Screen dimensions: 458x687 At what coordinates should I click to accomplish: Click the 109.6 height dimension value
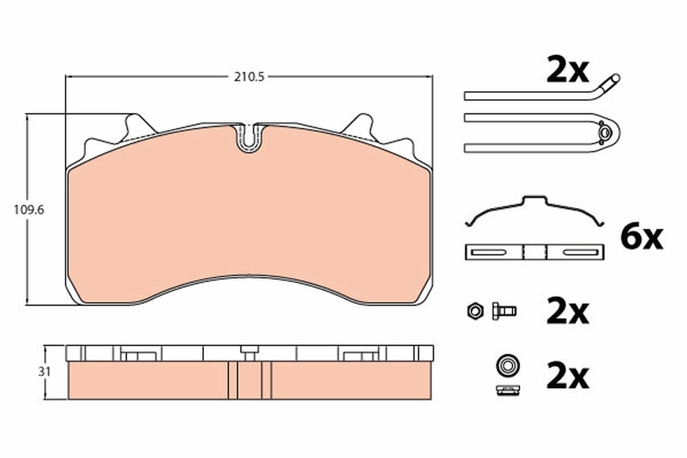(x=29, y=210)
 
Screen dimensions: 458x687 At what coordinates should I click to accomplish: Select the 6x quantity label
(x=641, y=237)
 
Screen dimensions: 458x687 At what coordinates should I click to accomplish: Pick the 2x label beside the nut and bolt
(x=567, y=312)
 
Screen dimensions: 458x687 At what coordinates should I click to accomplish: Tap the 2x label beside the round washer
(x=567, y=377)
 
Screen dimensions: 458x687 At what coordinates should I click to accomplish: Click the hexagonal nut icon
(x=474, y=311)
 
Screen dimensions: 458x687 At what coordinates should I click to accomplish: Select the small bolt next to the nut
(x=503, y=311)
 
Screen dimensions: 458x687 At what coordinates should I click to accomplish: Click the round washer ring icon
(x=507, y=364)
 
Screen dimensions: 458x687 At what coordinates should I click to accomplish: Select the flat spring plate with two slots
(x=535, y=252)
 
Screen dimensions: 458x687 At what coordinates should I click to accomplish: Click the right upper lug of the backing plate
(x=362, y=125)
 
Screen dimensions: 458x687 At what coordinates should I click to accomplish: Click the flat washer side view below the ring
(x=507, y=390)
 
